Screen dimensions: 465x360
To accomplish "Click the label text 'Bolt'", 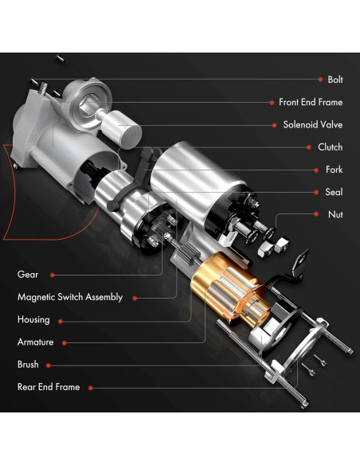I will pos(335,80).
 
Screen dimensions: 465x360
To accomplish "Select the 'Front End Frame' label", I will pos(311,102).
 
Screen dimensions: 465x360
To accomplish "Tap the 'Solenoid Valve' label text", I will pos(313,125).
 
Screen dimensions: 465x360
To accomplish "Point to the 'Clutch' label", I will pos(331,147).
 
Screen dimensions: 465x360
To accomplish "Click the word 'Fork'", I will pos(335,170).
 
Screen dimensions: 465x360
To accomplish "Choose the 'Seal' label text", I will pos(335,192).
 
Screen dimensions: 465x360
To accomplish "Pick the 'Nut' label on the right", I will pos(336,214).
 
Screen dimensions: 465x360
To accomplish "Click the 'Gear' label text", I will pos(28,275).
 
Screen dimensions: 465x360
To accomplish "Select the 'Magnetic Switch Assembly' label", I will pos(70,297).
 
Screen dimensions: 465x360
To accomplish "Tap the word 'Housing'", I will pos(33,319).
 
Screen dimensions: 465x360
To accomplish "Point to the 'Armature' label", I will pos(36,342).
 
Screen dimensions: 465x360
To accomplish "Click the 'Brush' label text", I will pos(28,365).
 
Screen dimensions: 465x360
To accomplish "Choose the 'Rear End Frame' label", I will pos(49,387).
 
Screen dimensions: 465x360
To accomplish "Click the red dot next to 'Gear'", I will pos(52,275).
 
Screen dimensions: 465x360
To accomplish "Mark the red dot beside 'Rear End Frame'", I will pos(90,388).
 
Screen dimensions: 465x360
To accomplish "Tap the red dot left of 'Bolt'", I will pos(314,80).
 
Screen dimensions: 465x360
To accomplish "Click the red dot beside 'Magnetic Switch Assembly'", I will pos(134,298).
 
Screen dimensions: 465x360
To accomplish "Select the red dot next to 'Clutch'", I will pos(307,147).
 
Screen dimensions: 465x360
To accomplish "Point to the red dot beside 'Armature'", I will pos(63,342).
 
